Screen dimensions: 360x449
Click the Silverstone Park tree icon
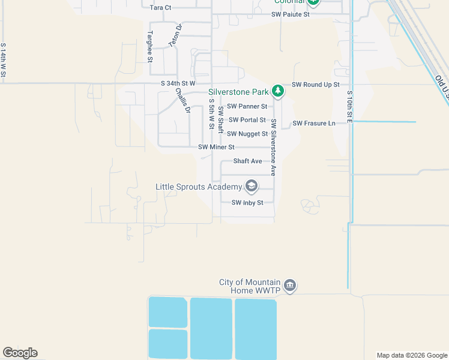(x=277, y=91)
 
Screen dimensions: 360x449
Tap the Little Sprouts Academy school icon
(x=252, y=187)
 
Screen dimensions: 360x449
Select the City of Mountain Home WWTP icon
(x=290, y=285)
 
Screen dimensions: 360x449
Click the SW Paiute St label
(x=290, y=14)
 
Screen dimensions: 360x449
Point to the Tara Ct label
(x=160, y=7)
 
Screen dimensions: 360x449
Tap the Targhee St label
(x=150, y=47)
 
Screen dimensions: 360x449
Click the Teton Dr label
(x=175, y=37)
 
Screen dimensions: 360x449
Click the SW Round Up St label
(x=316, y=85)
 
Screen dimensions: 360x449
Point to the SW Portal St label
(x=247, y=120)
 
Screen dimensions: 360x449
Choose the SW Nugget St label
(x=248, y=134)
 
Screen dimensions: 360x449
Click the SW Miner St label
(x=216, y=147)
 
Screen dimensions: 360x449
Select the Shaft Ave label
(x=247, y=161)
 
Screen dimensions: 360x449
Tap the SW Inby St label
(x=247, y=203)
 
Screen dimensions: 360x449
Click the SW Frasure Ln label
(x=314, y=123)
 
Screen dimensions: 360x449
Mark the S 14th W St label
(x=4, y=61)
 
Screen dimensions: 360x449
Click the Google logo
(x=20, y=353)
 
